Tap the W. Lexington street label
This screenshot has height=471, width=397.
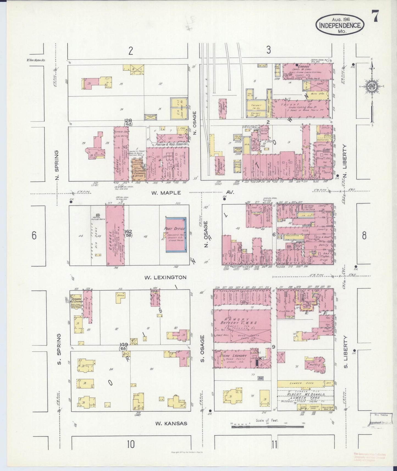click(166, 278)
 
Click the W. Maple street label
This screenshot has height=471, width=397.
click(166, 193)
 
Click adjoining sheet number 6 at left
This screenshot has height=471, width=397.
click(34, 235)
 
